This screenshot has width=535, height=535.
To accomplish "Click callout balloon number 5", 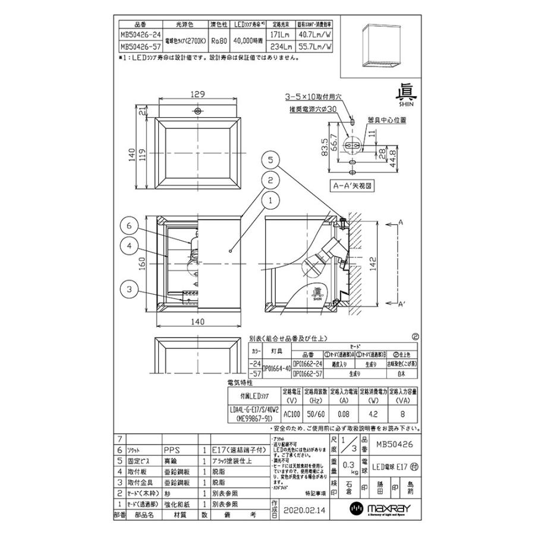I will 270,160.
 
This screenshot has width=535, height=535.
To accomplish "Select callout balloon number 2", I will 270,180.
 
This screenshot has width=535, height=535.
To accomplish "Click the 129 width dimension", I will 198,94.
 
